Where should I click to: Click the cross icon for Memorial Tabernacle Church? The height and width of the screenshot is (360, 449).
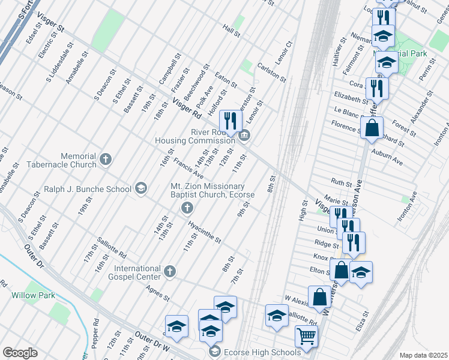[106, 159]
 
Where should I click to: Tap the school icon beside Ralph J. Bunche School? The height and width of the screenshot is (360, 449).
[141, 188]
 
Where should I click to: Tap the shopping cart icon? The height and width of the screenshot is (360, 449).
[306, 335]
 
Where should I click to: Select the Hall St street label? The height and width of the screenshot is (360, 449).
[231, 31]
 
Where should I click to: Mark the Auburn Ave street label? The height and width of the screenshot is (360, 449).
[390, 158]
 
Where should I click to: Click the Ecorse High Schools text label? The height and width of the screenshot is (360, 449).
[262, 352]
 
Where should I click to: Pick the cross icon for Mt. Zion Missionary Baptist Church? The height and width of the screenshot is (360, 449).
[187, 208]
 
